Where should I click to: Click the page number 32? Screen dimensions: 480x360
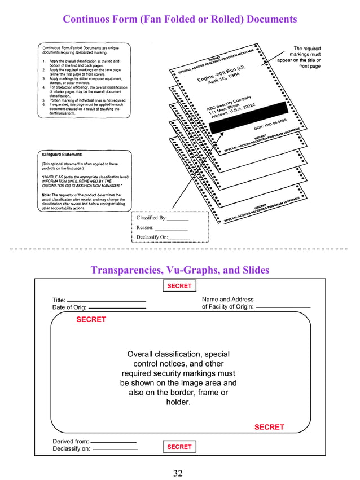pos(178,473)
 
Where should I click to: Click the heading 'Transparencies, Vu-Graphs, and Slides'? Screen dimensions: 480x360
pos(179,270)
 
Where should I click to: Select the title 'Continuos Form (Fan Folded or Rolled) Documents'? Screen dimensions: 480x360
pos(179,20)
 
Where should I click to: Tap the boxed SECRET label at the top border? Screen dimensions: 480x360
pos(179,286)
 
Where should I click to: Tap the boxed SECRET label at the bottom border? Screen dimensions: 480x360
pos(179,447)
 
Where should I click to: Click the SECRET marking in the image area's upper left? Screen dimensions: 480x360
pos(91,319)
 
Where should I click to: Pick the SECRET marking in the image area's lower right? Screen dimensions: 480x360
pos(269,427)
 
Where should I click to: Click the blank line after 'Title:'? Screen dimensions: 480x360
pos(106,301)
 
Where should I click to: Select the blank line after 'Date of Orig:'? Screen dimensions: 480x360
pos(117,309)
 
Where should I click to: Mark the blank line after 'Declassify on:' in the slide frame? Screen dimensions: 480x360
pos(115,450)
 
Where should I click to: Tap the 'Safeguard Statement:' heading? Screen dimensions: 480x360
pos(62,154)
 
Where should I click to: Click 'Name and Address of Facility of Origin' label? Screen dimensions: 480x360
pos(227,303)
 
